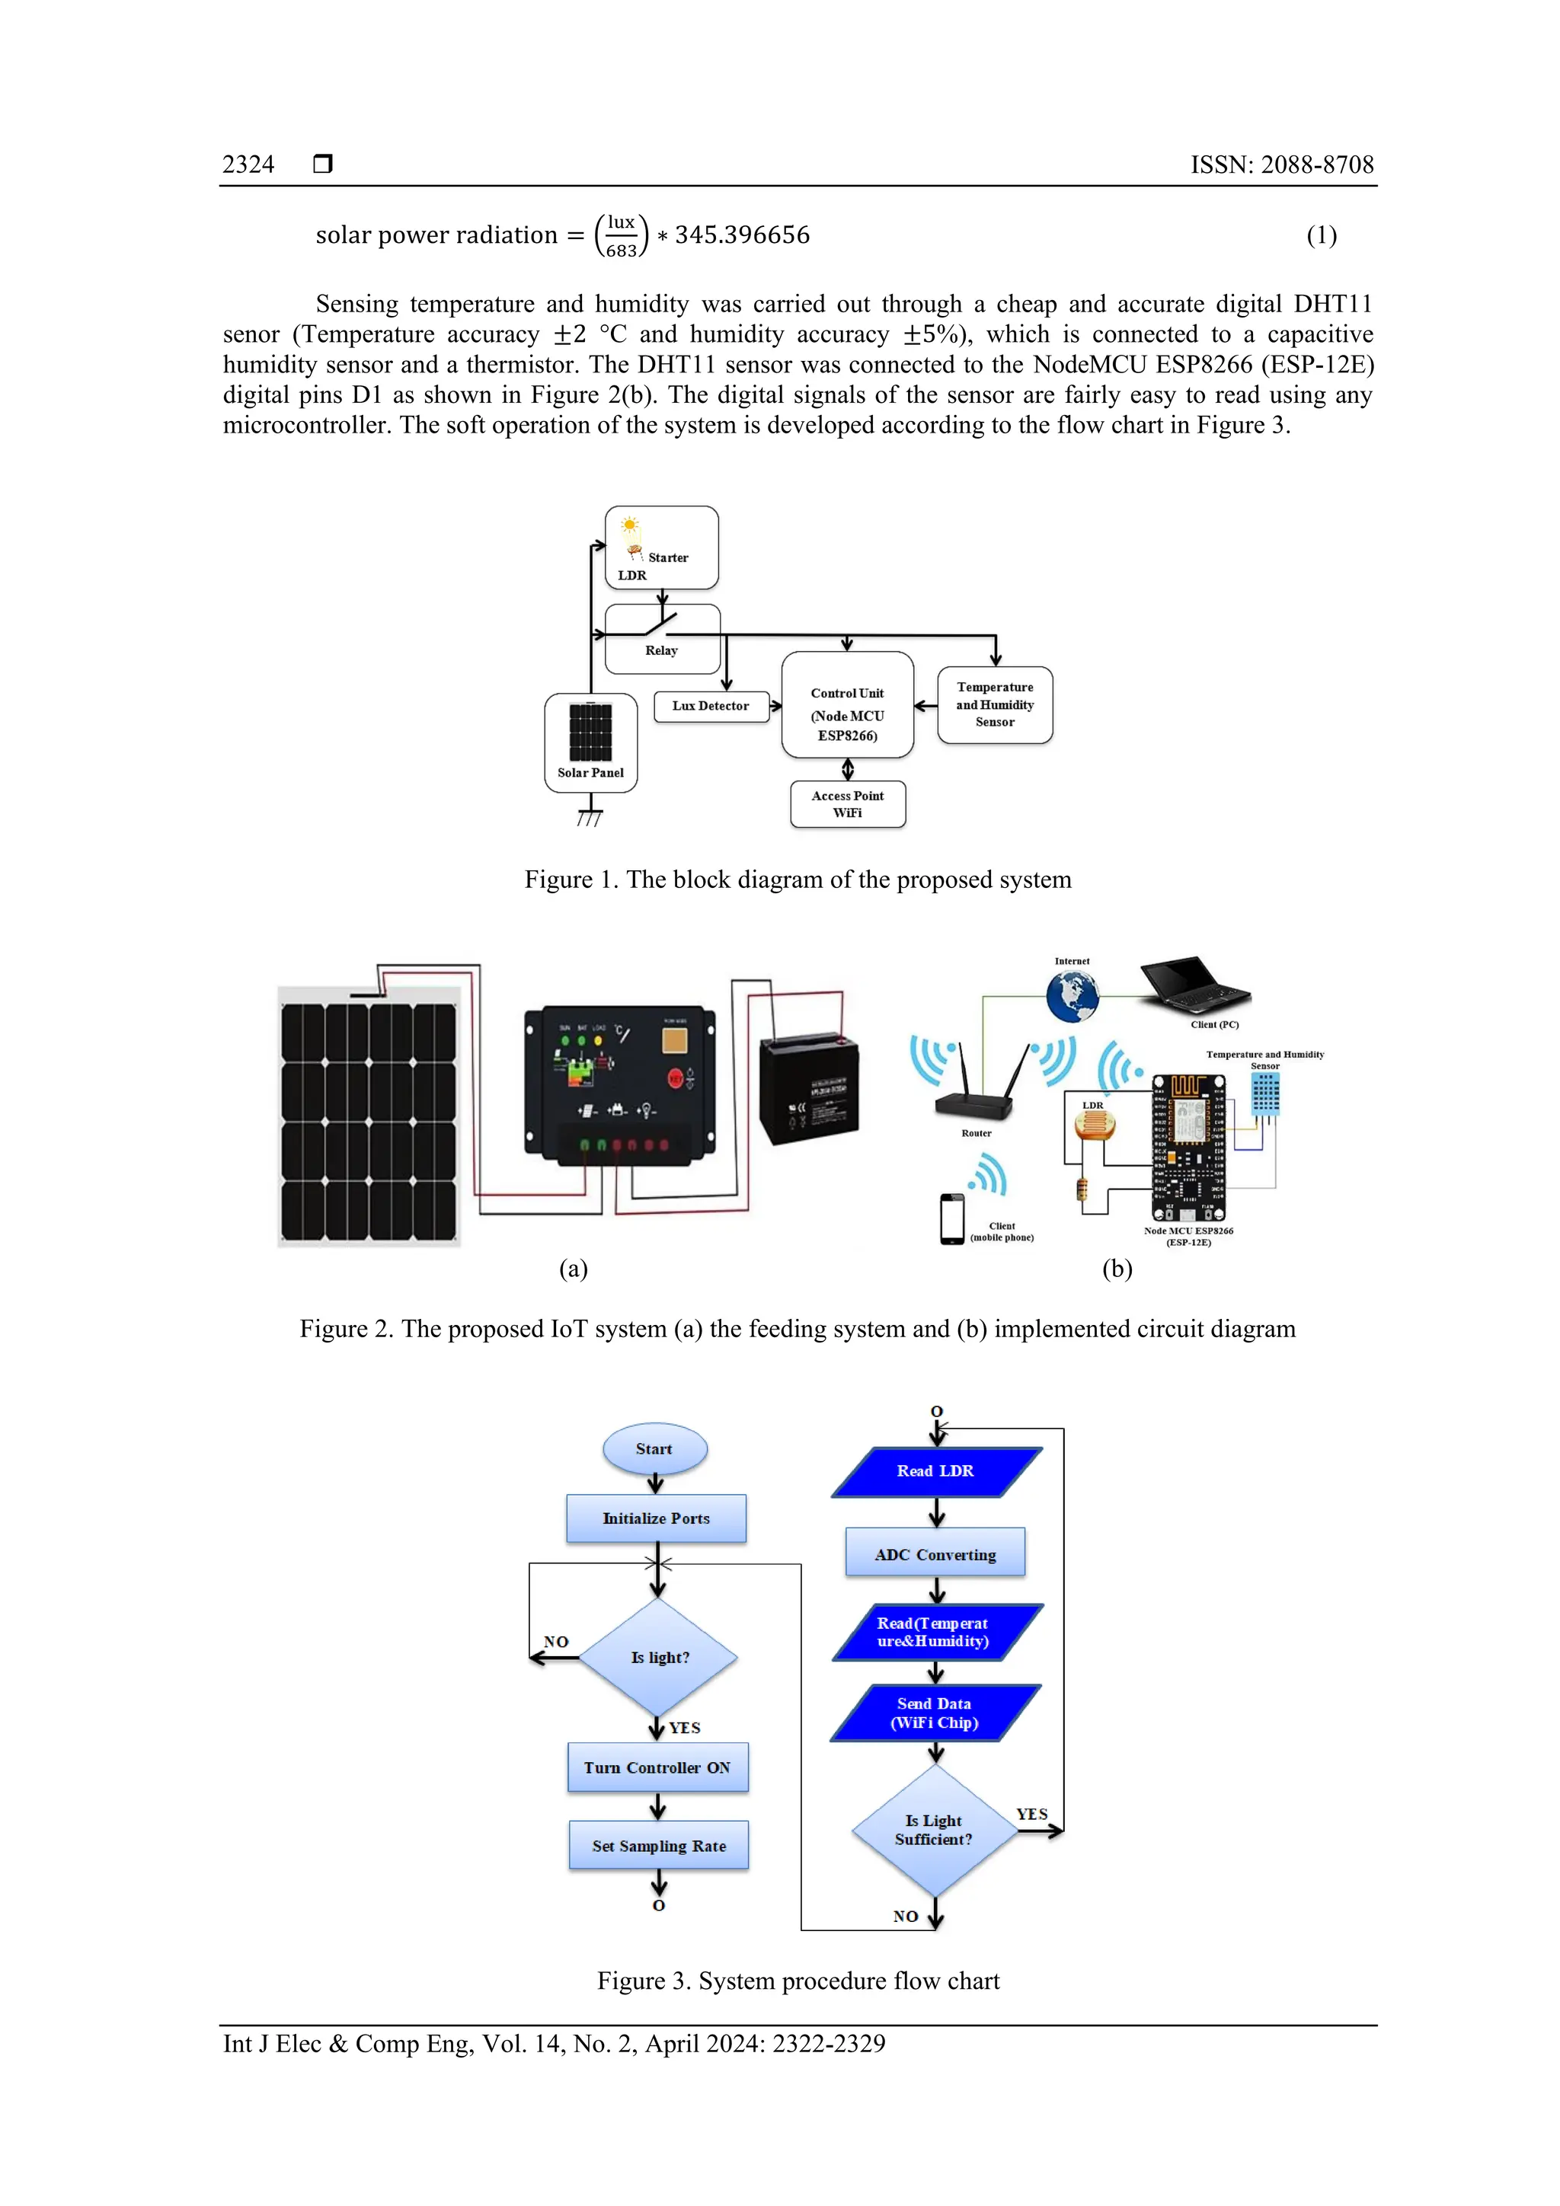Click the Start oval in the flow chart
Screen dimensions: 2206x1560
click(x=654, y=1449)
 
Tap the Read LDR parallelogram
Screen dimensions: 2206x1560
click(x=936, y=1471)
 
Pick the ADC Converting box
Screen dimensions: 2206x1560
click(x=935, y=1553)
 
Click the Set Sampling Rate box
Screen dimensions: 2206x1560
click(x=658, y=1845)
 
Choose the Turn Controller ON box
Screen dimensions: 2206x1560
click(x=657, y=1767)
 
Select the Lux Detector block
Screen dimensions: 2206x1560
click(x=711, y=706)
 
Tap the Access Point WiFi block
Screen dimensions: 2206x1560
click(x=848, y=804)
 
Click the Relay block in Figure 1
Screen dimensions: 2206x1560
click(x=662, y=639)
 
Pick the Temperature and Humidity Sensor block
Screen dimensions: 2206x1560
click(x=995, y=704)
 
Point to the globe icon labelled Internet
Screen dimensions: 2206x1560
click(x=1072, y=995)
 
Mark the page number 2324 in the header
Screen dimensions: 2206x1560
click(x=248, y=164)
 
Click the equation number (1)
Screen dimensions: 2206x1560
click(x=1321, y=235)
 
